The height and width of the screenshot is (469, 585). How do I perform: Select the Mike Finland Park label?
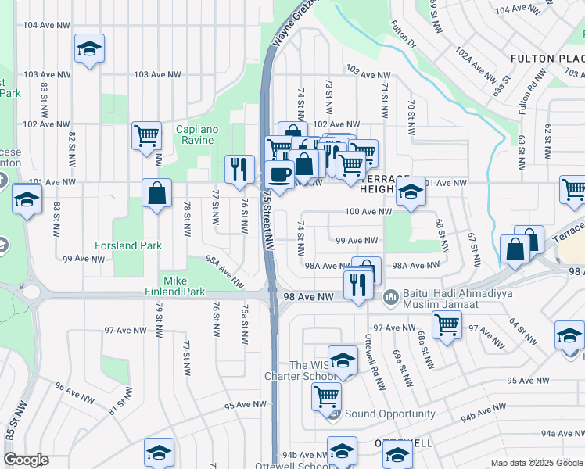[x=184, y=286]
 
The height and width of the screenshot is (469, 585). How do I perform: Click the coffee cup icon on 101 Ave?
[x=280, y=174]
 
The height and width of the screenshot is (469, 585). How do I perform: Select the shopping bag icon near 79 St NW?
[x=157, y=193]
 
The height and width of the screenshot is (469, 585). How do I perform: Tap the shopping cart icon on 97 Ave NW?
[x=447, y=324]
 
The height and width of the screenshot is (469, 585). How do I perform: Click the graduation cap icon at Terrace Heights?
[x=411, y=191]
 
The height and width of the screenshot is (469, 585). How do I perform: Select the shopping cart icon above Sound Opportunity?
[x=326, y=396]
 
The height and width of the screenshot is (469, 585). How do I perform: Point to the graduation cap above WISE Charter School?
[x=342, y=360]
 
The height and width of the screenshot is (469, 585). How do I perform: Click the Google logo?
[x=27, y=460]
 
